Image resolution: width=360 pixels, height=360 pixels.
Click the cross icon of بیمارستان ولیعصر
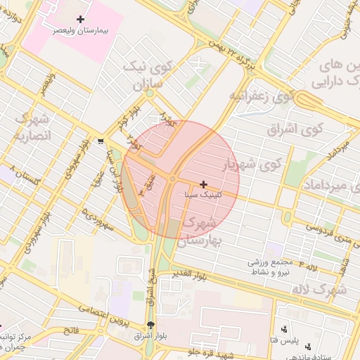[80, 20]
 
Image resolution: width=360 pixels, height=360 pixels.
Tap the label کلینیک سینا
[202, 194]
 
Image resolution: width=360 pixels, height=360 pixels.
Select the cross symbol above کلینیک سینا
[204, 184]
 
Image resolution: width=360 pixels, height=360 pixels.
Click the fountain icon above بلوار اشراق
[150, 325]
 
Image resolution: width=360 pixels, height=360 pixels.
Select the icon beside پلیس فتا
[284, 329]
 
